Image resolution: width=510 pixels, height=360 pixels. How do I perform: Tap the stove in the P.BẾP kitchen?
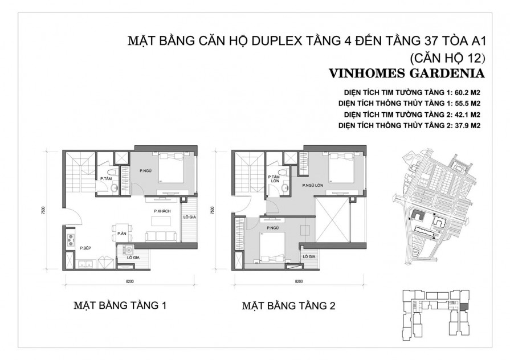tap(71, 238)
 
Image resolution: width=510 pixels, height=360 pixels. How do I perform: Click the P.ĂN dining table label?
tap(121, 234)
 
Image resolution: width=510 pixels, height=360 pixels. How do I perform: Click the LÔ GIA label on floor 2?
tap(309, 257)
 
